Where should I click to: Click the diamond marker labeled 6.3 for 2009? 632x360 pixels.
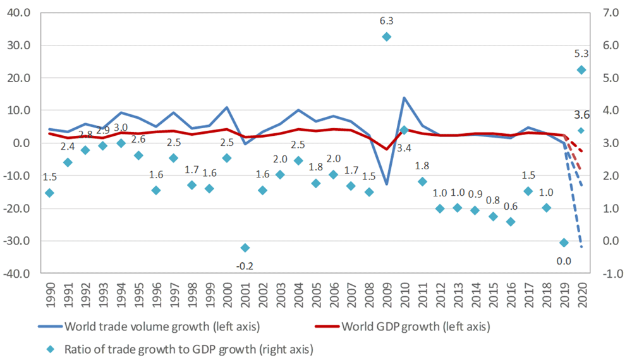coord(387,37)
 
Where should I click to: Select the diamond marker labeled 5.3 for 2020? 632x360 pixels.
coord(582,69)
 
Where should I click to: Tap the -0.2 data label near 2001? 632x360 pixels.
coord(245,266)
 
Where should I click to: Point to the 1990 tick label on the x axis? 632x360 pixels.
coord(49,292)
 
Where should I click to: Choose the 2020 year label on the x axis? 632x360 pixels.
coord(582,292)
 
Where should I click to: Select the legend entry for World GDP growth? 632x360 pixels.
coord(410,327)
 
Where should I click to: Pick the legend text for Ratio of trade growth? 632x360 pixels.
coord(189,348)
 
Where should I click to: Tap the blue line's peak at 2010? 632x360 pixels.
coord(404,98)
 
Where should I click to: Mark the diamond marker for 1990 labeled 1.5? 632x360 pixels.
coord(49,193)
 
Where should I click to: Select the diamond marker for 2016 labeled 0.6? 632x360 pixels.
coord(511,222)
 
